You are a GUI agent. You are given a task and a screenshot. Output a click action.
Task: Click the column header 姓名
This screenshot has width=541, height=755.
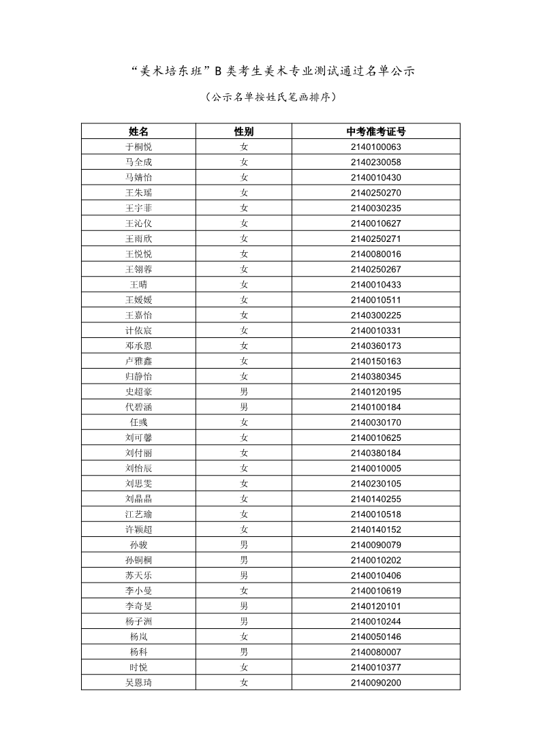(138, 132)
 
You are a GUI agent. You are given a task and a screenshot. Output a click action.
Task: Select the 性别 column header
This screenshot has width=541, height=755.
(243, 132)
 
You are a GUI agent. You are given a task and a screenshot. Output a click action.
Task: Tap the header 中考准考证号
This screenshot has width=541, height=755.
(375, 132)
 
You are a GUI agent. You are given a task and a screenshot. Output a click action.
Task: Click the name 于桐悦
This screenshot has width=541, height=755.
(138, 147)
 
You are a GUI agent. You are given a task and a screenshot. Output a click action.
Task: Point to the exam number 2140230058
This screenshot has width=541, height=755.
(375, 162)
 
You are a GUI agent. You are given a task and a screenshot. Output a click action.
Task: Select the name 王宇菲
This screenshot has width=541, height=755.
(138, 208)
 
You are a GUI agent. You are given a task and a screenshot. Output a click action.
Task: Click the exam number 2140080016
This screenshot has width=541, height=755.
(375, 254)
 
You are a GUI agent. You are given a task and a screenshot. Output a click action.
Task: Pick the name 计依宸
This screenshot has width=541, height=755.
(138, 330)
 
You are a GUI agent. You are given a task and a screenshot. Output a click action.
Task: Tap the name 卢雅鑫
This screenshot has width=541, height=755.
(138, 361)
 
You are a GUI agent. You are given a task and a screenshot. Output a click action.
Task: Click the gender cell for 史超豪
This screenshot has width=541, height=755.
(243, 392)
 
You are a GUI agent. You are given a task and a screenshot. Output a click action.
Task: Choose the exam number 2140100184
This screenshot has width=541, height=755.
(375, 407)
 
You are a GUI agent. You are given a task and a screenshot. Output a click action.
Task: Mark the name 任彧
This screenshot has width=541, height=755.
(138, 422)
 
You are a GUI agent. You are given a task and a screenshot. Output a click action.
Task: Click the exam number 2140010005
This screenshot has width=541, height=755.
(375, 468)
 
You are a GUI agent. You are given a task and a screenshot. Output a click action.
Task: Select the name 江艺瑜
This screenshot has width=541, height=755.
(138, 514)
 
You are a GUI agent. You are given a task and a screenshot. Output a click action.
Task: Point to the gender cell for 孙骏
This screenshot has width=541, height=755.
(243, 544)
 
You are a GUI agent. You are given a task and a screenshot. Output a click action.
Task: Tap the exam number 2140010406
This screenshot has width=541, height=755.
(375, 575)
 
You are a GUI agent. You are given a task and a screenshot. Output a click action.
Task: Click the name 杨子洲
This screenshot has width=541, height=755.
(138, 621)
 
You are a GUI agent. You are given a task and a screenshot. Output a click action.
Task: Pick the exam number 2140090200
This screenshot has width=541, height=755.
(375, 682)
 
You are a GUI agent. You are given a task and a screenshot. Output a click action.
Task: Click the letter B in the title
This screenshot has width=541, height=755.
(219, 70)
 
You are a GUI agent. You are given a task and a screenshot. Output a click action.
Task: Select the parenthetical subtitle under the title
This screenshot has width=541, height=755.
(270, 97)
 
